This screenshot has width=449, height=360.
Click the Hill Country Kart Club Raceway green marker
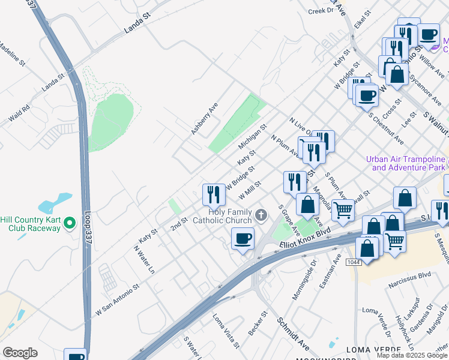[70, 224]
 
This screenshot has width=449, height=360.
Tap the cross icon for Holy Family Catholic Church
[261, 215]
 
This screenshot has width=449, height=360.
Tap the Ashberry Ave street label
[204, 118]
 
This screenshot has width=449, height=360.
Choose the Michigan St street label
[252, 138]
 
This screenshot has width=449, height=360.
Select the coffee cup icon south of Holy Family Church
[243, 239]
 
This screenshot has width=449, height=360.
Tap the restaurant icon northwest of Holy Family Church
[214, 194]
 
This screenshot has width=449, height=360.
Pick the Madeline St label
[11, 53]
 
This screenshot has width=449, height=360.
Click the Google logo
[20, 353]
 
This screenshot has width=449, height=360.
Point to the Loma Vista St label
[226, 329]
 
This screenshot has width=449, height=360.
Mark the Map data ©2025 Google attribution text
[412, 355]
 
